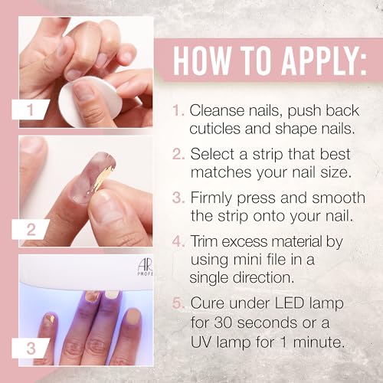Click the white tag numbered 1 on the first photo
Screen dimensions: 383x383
[30, 110]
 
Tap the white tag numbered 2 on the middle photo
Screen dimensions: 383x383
[30, 228]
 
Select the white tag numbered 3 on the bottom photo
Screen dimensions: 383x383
[30, 347]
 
